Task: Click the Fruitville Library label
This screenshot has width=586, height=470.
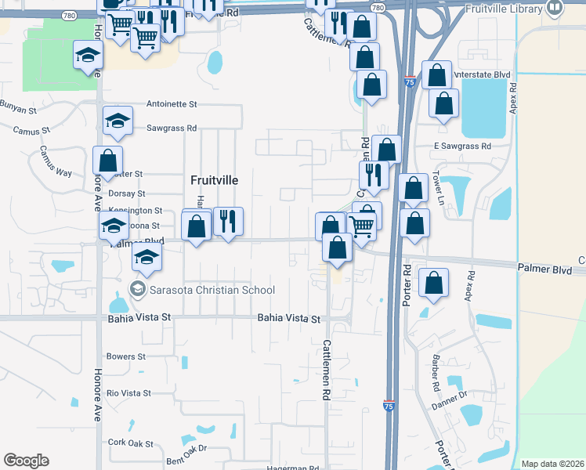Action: [x=503, y=9]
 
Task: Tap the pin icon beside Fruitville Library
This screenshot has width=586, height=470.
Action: [x=555, y=9]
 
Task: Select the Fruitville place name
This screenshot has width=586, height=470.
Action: [x=215, y=179]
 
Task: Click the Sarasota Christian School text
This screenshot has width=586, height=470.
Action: [x=212, y=290]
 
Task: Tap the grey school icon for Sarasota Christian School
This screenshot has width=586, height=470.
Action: [x=138, y=290]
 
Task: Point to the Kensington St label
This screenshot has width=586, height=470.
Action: [x=136, y=211]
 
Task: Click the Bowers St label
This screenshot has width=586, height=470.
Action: [x=125, y=356]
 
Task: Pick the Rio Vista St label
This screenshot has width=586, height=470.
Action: [x=128, y=392]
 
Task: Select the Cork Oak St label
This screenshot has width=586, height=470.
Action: [x=131, y=443]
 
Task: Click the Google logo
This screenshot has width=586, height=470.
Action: [x=26, y=461]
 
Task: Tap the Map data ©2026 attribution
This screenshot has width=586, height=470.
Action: [x=552, y=464]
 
